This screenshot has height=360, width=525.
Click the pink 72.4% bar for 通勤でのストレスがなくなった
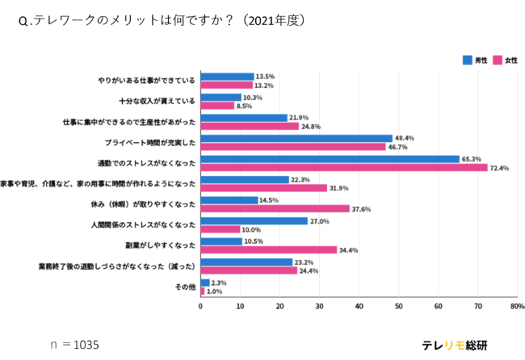pos(343,167)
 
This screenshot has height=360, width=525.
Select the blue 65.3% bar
pos(330,159)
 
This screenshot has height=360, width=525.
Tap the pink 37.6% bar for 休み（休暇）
pos(275,208)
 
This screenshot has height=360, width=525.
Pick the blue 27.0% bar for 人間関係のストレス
pos(254,220)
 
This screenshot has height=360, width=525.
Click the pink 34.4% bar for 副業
pos(268,249)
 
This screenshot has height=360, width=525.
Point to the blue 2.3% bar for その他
pos(204,283)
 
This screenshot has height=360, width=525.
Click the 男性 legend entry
pos(475,60)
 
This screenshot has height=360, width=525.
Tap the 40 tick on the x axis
pos(359,308)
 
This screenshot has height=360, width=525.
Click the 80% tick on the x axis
pos(517,308)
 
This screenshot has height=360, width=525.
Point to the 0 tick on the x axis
pos(200,308)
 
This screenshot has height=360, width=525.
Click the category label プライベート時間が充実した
pos(150,142)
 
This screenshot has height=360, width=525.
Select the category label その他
pos(186,287)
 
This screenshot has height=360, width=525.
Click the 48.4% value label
pos(405,137)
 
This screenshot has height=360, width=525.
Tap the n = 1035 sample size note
pos(74,345)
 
